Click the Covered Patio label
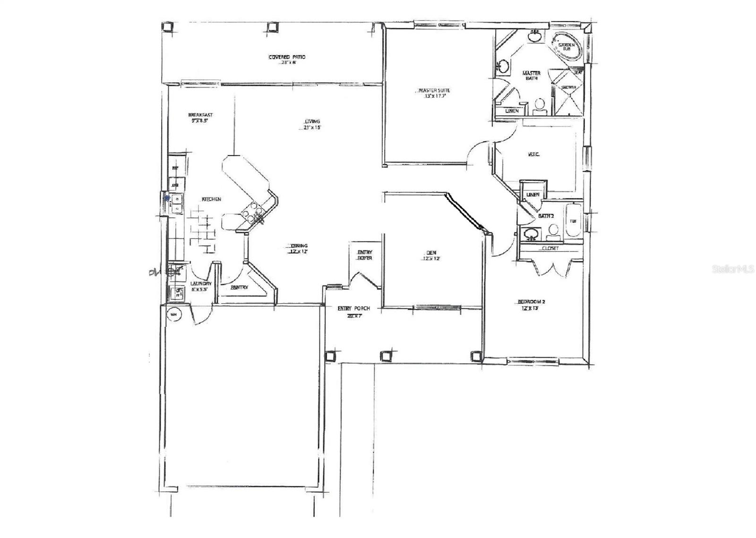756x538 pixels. click(x=287, y=57)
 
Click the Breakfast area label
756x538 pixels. click(x=200, y=115)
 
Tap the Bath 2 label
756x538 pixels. click(x=546, y=216)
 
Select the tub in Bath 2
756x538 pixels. click(x=572, y=222)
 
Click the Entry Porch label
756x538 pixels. click(x=353, y=309)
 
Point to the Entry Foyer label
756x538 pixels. click(x=364, y=255)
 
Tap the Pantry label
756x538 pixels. click(x=240, y=287)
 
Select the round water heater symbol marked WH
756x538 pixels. click(x=173, y=314)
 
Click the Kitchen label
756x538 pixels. click(x=211, y=199)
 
